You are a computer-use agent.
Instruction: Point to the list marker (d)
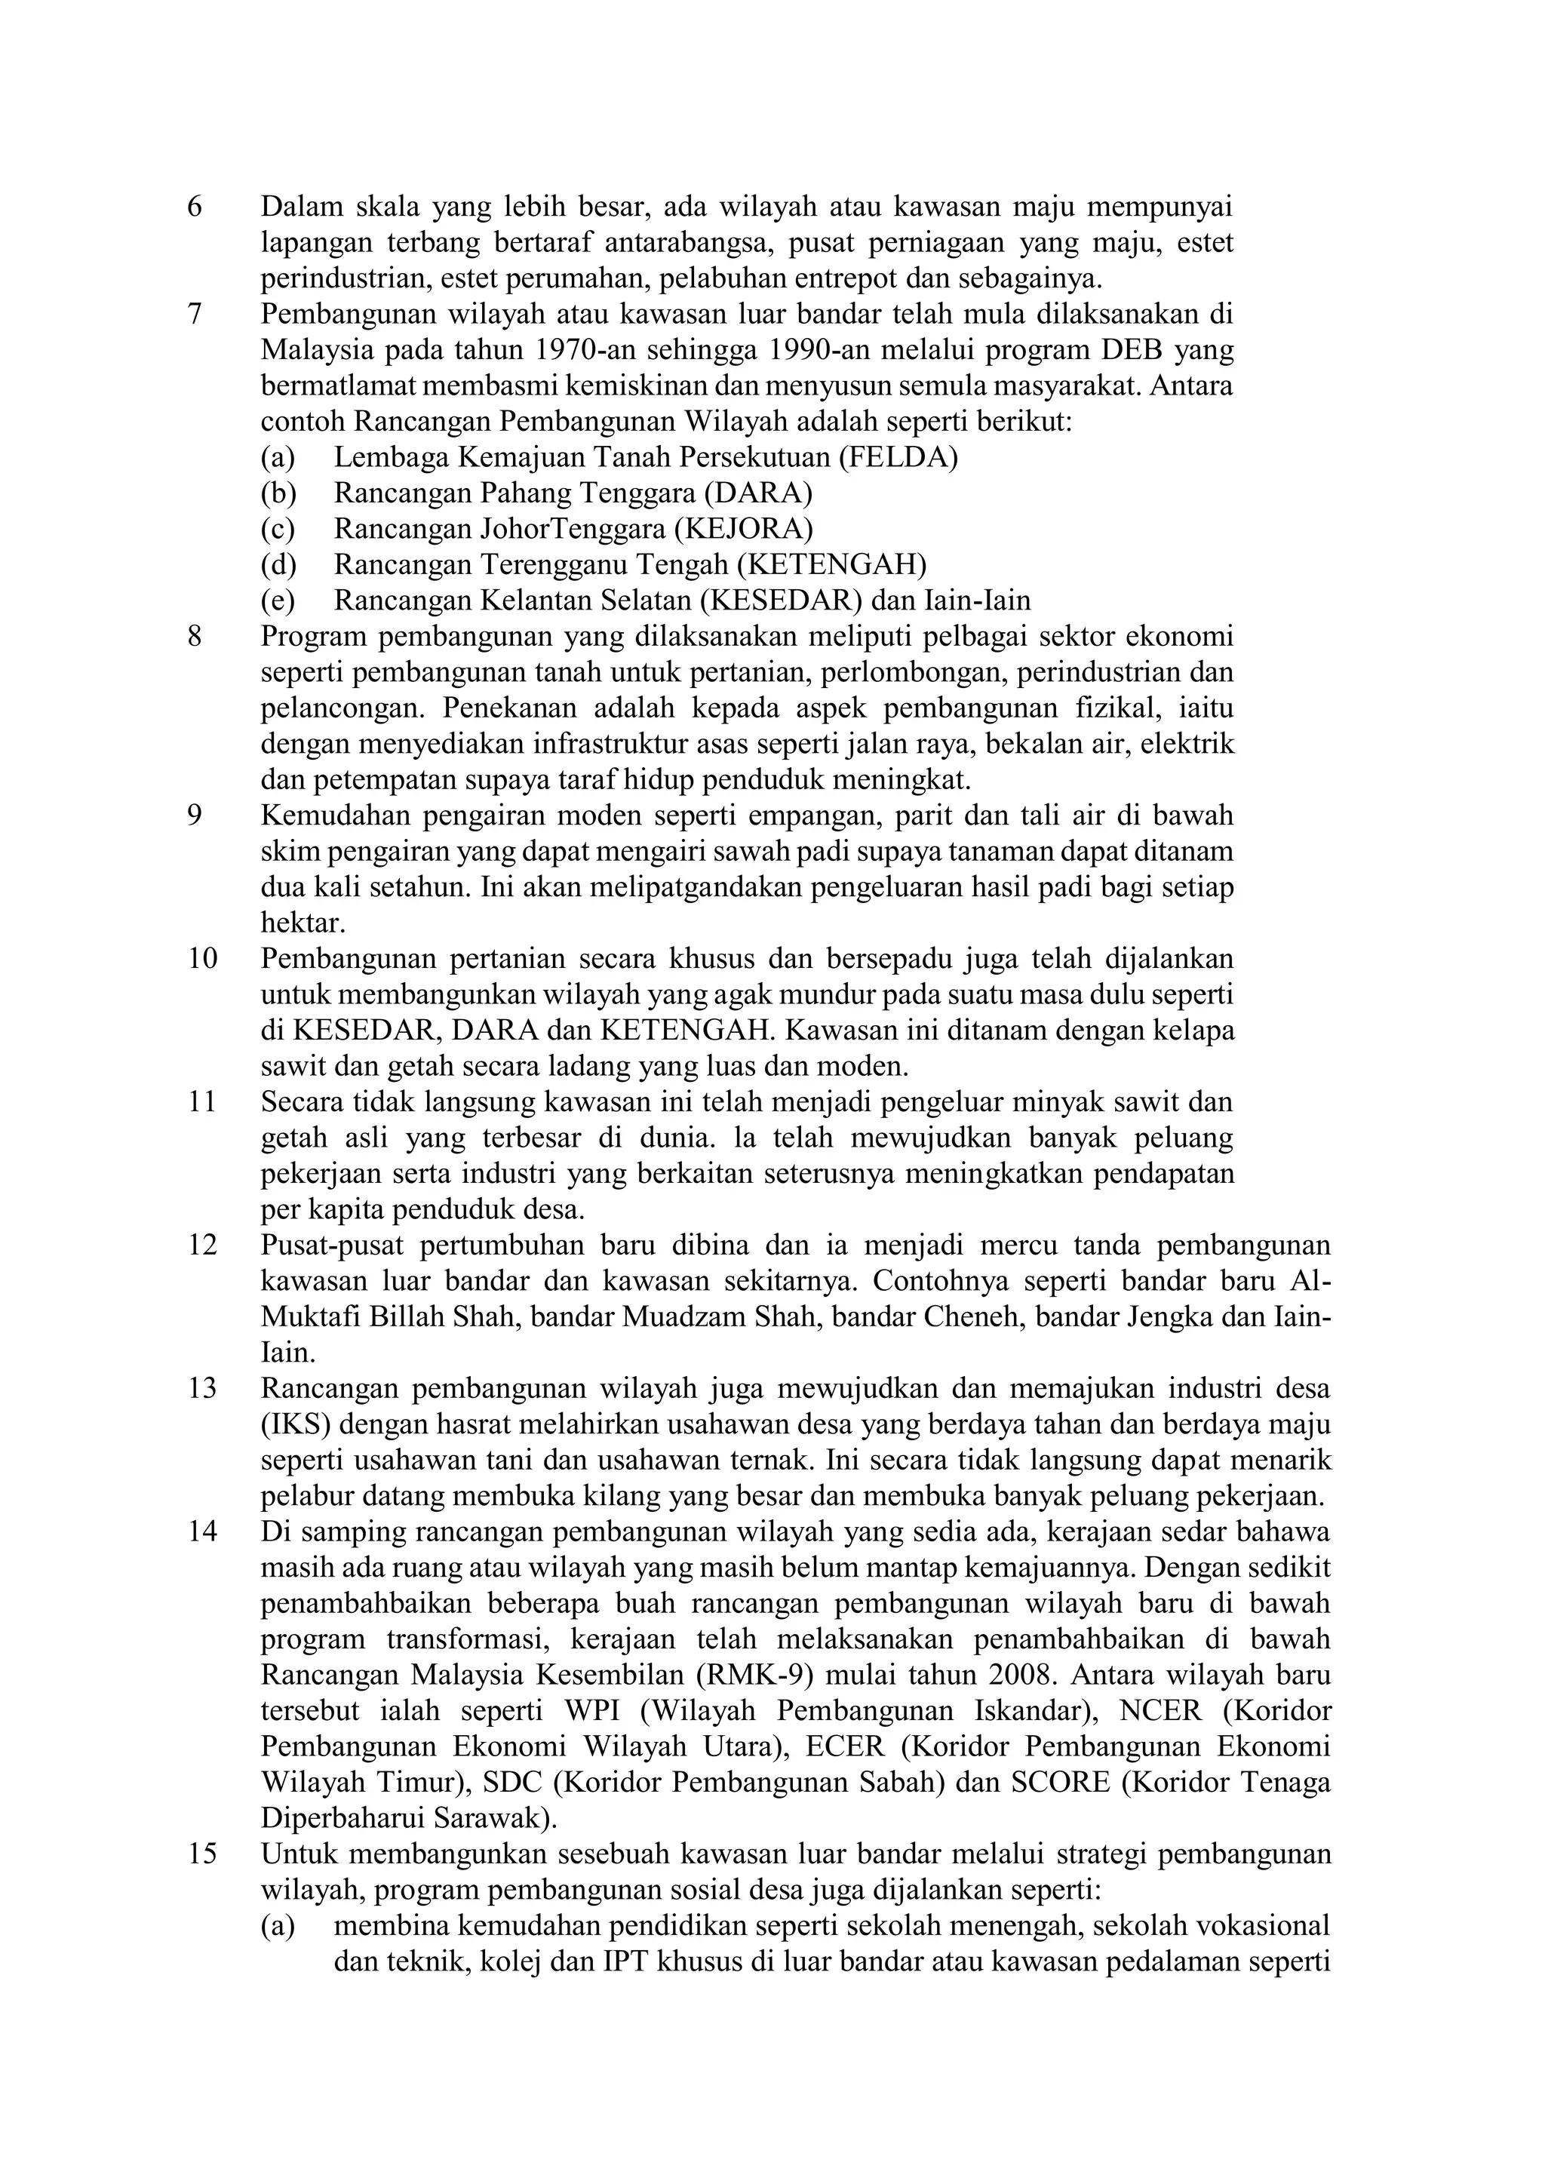pos(278,565)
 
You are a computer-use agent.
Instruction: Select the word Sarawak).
pos(495,1819)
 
